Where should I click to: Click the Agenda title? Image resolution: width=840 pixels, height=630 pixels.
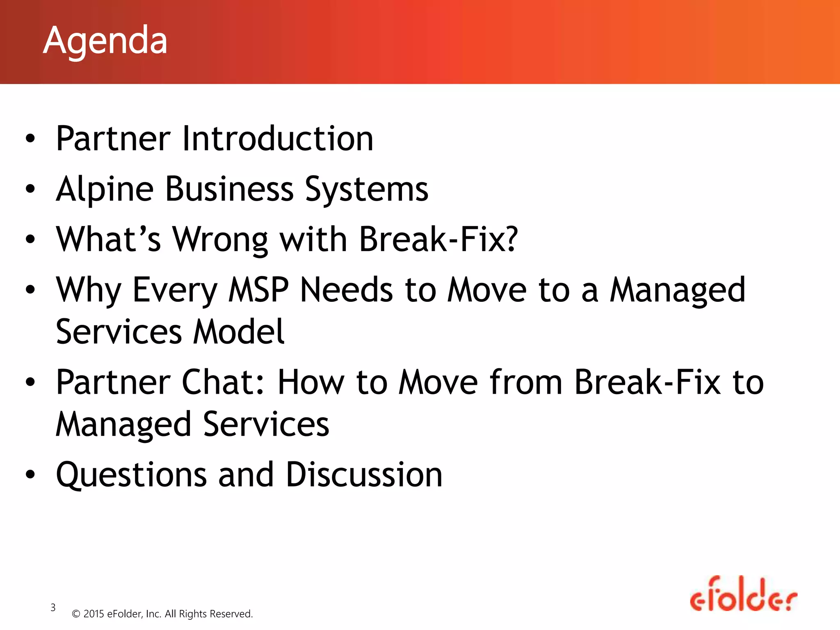105,41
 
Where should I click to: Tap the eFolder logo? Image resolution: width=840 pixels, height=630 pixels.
743,595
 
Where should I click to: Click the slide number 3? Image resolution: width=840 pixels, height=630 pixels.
53,607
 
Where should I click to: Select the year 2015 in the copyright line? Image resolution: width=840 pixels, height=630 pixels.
94,614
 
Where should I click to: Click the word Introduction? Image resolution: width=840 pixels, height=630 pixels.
278,139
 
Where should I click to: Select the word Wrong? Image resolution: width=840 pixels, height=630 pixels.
220,240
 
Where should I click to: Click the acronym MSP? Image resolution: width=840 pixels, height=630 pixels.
258,290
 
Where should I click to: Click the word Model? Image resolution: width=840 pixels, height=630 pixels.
239,332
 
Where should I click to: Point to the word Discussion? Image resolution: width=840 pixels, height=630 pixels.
364,475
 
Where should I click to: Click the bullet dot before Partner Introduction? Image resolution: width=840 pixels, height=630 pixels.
30,138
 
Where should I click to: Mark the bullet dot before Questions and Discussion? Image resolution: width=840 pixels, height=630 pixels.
30,475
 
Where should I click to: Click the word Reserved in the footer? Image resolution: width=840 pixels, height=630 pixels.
231,614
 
